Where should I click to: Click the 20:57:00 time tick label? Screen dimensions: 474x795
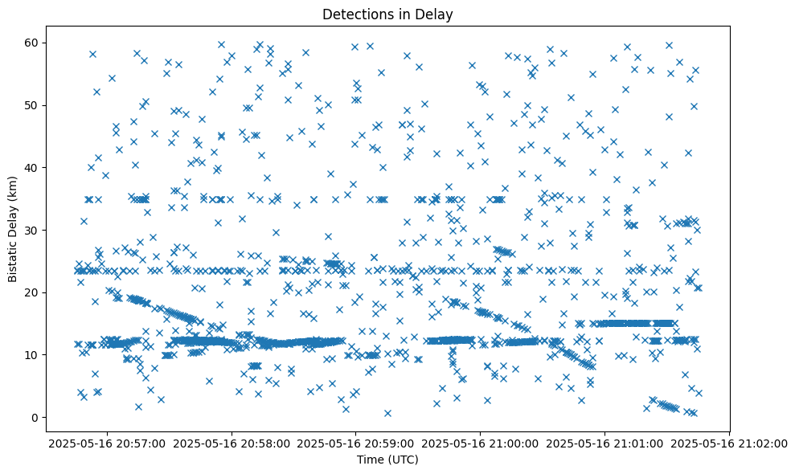tap(108, 443)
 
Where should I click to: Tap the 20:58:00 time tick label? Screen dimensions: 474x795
tap(232, 443)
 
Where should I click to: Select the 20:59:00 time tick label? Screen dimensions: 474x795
tap(356, 443)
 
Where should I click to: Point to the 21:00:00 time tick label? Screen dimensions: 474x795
tap(481, 443)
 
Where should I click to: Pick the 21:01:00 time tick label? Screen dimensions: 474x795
tap(605, 443)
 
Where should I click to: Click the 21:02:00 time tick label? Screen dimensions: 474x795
tap(730, 443)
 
